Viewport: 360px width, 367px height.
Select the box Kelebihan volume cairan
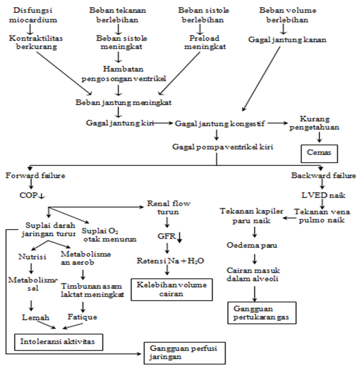point(171,289)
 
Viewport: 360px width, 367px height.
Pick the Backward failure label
point(324,176)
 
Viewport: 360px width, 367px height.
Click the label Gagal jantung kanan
point(287,40)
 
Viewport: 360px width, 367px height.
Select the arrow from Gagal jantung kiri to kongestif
point(163,123)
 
